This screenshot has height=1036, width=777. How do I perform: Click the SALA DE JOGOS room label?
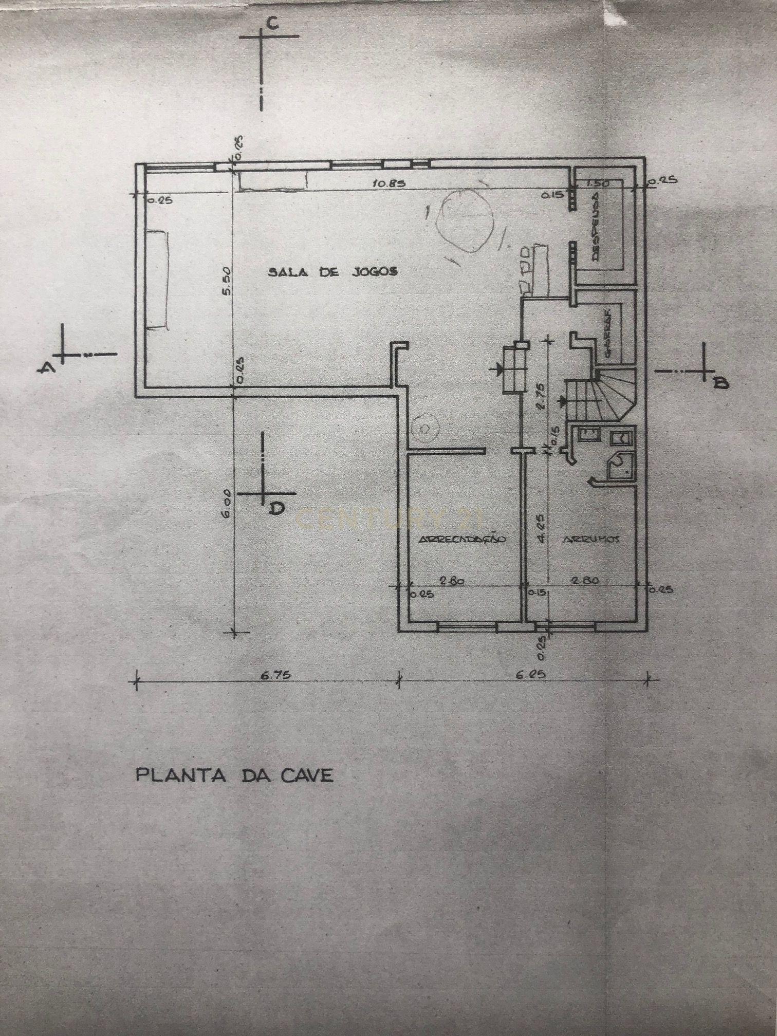332,272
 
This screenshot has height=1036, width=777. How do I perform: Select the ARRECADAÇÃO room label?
463,539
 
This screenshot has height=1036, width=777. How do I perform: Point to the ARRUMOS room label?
591,539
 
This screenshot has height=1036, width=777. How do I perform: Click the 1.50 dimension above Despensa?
597,183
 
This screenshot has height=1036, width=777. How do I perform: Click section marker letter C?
273,24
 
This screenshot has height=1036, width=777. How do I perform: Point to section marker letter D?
277,508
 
